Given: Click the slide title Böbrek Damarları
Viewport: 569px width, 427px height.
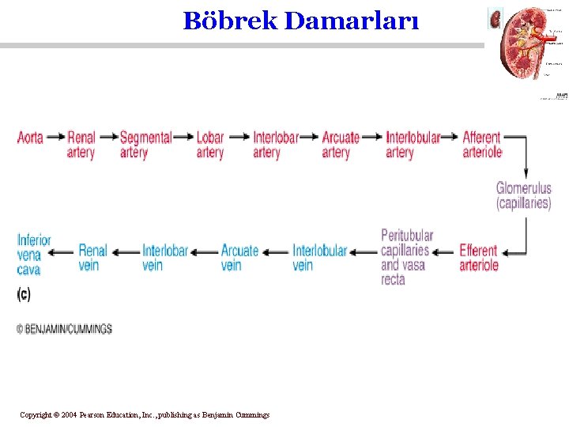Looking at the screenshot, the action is tap(301, 21).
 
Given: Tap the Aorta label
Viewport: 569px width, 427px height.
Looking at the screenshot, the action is tap(30, 138).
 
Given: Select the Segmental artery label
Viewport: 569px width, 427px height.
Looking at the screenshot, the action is tap(145, 145).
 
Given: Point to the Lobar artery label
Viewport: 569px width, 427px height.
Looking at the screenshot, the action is tap(210, 145).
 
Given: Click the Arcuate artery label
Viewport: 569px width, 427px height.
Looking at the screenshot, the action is tap(341, 145).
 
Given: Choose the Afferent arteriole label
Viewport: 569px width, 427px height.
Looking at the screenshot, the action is tap(482, 145).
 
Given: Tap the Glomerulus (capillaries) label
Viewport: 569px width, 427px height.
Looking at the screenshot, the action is tap(523, 195).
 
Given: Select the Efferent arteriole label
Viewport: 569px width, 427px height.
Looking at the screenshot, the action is tap(479, 258).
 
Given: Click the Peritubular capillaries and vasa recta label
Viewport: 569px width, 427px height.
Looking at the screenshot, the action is tap(406, 257).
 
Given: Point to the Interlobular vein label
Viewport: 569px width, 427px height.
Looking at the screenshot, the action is tap(319, 258).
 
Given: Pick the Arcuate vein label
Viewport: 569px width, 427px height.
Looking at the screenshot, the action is tap(239, 258).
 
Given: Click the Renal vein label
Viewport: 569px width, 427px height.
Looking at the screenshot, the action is tap(92, 258).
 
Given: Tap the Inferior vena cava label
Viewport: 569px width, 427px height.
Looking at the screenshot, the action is tap(34, 255).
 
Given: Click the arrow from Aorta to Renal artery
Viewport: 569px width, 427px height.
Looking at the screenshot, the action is tap(55, 137).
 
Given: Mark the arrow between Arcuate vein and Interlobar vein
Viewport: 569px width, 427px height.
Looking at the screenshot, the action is tap(205, 253).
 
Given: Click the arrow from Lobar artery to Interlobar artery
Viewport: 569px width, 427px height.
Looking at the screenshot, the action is tap(239, 137).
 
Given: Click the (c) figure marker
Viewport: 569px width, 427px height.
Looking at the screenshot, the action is tap(24, 294).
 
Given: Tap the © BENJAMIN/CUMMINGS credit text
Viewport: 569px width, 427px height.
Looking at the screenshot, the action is tap(65, 329).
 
